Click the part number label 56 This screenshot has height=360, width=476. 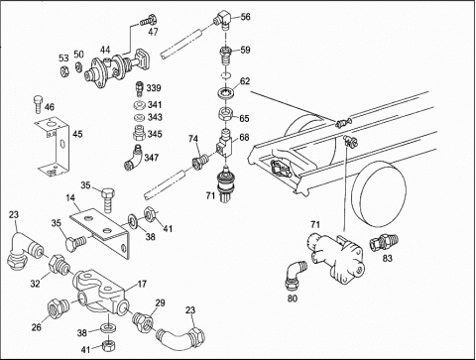[x=245, y=17]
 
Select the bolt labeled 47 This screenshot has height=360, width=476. [x=148, y=21]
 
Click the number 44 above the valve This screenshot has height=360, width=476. [x=105, y=50]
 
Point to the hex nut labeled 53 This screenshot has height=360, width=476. [x=63, y=70]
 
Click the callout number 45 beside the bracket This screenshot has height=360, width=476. [x=77, y=134]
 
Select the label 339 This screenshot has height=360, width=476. [x=154, y=88]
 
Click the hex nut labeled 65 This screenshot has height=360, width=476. [x=226, y=116]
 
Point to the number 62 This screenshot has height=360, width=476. [x=245, y=81]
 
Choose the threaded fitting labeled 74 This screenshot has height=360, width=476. [x=199, y=162]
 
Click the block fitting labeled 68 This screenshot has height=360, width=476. [x=225, y=145]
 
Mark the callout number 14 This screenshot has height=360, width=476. [x=70, y=198]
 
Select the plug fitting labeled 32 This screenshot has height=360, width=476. [x=58, y=264]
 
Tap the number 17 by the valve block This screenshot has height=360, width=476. [x=142, y=284]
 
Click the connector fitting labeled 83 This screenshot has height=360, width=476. [x=384, y=243]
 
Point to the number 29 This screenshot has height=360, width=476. [x=160, y=302]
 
